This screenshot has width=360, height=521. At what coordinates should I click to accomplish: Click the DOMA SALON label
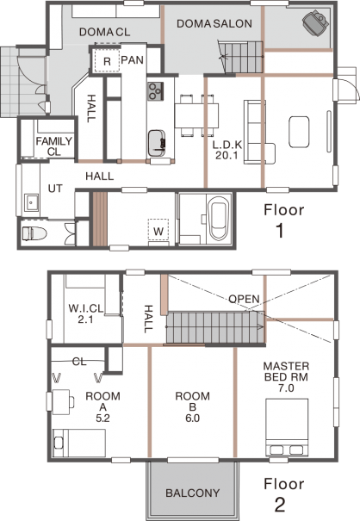[214, 23]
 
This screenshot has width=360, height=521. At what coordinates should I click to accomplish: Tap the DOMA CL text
[105, 32]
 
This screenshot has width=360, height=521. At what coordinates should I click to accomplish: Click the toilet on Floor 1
[34, 233]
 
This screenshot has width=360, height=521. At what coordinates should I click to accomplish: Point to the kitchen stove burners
[155, 91]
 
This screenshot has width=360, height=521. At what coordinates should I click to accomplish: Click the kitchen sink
[157, 143]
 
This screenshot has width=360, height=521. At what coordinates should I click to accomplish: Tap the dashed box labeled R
[107, 60]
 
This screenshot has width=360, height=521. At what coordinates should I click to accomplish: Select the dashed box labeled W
[158, 228]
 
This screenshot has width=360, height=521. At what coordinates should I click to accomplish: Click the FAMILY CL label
[54, 146]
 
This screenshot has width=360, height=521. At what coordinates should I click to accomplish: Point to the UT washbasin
[32, 202]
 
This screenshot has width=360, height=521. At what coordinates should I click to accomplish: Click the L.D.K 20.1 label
[227, 150]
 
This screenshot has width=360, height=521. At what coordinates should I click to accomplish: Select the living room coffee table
[299, 132]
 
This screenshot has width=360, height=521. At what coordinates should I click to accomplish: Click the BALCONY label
[193, 493]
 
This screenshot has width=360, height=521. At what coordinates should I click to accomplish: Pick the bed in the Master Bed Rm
[287, 427]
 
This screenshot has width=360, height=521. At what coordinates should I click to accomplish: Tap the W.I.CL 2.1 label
[86, 313]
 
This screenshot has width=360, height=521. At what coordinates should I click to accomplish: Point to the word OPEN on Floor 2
[244, 299]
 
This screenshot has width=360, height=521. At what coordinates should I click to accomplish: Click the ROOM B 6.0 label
[192, 407]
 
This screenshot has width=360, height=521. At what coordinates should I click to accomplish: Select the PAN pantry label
[133, 59]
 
